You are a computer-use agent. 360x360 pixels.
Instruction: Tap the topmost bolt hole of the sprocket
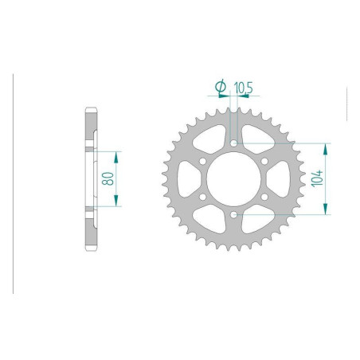click(x=233, y=144)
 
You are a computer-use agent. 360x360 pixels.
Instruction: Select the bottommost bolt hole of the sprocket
click(x=233, y=215)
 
